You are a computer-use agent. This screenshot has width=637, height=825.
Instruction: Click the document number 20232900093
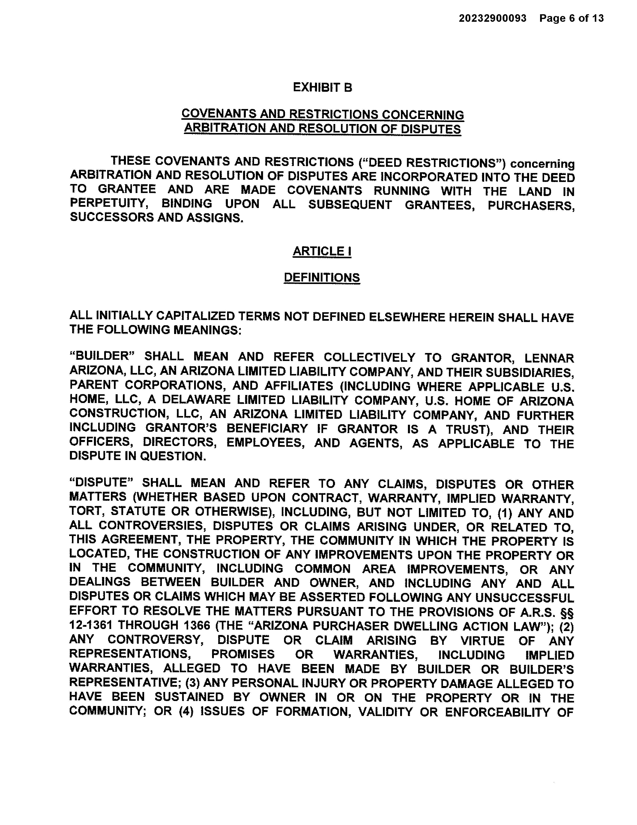click(x=492, y=18)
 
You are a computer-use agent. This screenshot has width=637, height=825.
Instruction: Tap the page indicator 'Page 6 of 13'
click(x=571, y=18)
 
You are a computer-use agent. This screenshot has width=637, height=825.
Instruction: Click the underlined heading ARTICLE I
click(x=322, y=251)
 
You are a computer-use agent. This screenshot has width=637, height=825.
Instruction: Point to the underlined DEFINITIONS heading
click(x=322, y=278)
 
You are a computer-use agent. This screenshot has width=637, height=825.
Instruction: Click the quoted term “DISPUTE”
click(x=101, y=483)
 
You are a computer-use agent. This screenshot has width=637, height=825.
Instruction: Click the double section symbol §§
click(x=567, y=612)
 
